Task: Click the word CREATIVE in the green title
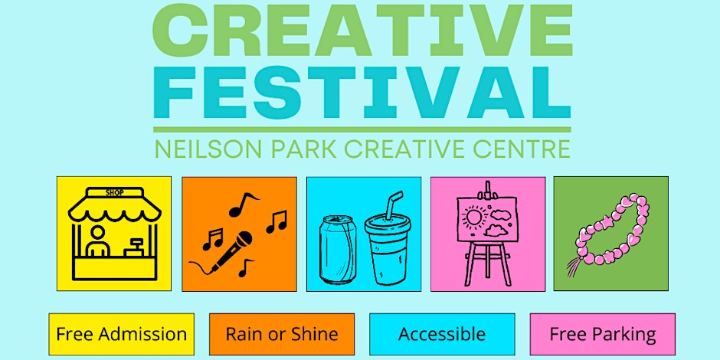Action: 362,31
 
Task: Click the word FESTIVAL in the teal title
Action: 362,93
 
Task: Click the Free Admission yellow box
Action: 122,334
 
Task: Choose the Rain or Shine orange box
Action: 282,334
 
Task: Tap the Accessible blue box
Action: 442,334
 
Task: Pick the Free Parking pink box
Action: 603,334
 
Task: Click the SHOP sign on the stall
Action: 114,193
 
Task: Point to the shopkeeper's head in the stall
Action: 97,233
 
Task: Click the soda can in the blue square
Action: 338,250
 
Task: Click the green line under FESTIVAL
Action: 362,130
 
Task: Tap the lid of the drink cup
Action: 388,224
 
